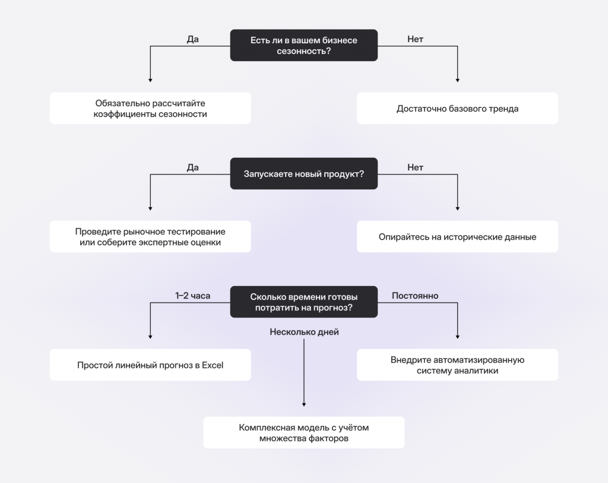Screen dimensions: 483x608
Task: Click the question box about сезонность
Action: [303, 46]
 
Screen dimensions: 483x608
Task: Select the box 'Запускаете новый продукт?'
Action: [303, 174]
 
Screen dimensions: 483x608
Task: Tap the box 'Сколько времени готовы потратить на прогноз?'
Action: [303, 301]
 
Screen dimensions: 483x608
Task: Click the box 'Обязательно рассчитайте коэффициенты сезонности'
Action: [150, 108]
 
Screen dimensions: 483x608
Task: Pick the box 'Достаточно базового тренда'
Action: [457, 108]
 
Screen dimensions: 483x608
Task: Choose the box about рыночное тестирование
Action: [150, 237]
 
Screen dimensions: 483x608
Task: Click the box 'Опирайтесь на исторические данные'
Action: [457, 237]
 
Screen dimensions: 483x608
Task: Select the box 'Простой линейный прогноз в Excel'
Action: [150, 365]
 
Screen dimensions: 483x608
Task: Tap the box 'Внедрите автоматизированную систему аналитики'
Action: [457, 365]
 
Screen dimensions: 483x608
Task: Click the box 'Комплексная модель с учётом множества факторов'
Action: [303, 433]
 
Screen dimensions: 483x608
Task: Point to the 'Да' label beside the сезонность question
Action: [192, 39]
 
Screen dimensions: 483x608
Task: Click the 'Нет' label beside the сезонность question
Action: [415, 39]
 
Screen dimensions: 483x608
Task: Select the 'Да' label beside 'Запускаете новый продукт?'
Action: [192, 167]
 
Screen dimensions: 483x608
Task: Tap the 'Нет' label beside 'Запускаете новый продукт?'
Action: [415, 167]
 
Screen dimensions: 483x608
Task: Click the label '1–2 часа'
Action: [192, 295]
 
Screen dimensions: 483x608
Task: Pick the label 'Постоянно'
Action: [415, 295]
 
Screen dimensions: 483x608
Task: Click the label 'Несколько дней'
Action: [303, 332]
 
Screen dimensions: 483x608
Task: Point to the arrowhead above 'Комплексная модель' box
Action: [303, 404]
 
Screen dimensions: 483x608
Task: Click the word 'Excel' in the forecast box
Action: [212, 365]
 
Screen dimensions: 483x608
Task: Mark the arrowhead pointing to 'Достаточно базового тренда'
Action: [457, 80]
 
